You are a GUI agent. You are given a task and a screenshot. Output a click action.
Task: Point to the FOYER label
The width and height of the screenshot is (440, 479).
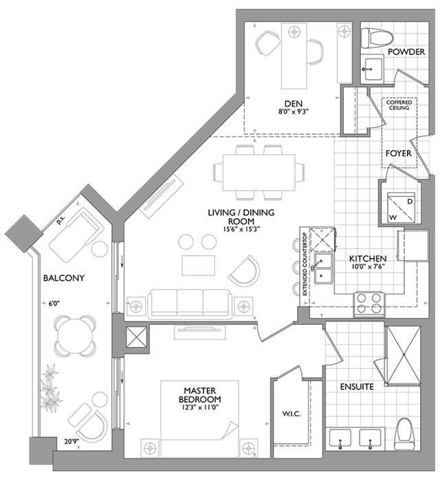coord(398,153)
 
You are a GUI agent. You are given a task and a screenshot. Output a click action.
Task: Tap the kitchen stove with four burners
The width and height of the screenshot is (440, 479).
coord(368,303)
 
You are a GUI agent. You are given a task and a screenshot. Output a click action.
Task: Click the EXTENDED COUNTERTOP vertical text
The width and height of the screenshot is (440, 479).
coord(305,264)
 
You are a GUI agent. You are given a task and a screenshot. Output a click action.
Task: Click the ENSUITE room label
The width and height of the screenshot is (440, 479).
coord(357,387)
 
